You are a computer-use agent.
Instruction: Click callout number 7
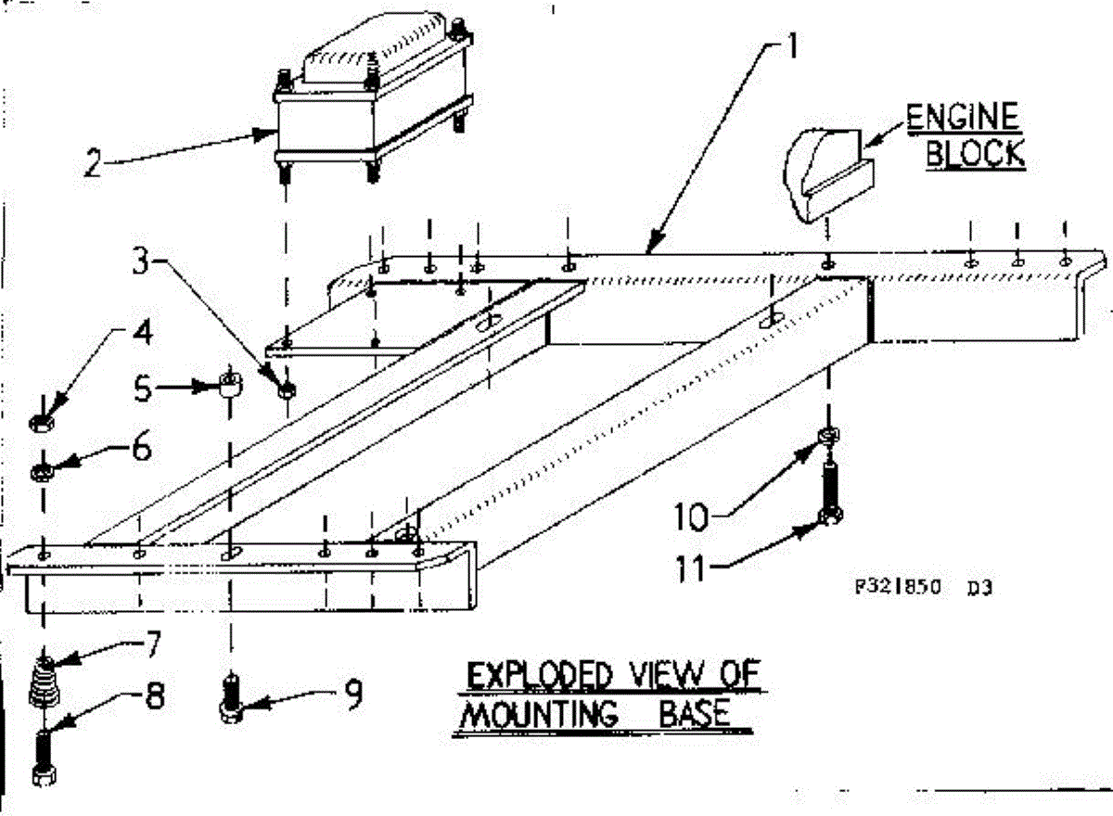151,643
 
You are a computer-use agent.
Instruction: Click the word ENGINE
962,119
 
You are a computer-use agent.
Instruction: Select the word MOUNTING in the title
539,715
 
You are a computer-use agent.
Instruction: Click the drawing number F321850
897,586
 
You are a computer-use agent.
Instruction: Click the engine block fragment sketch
822,174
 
